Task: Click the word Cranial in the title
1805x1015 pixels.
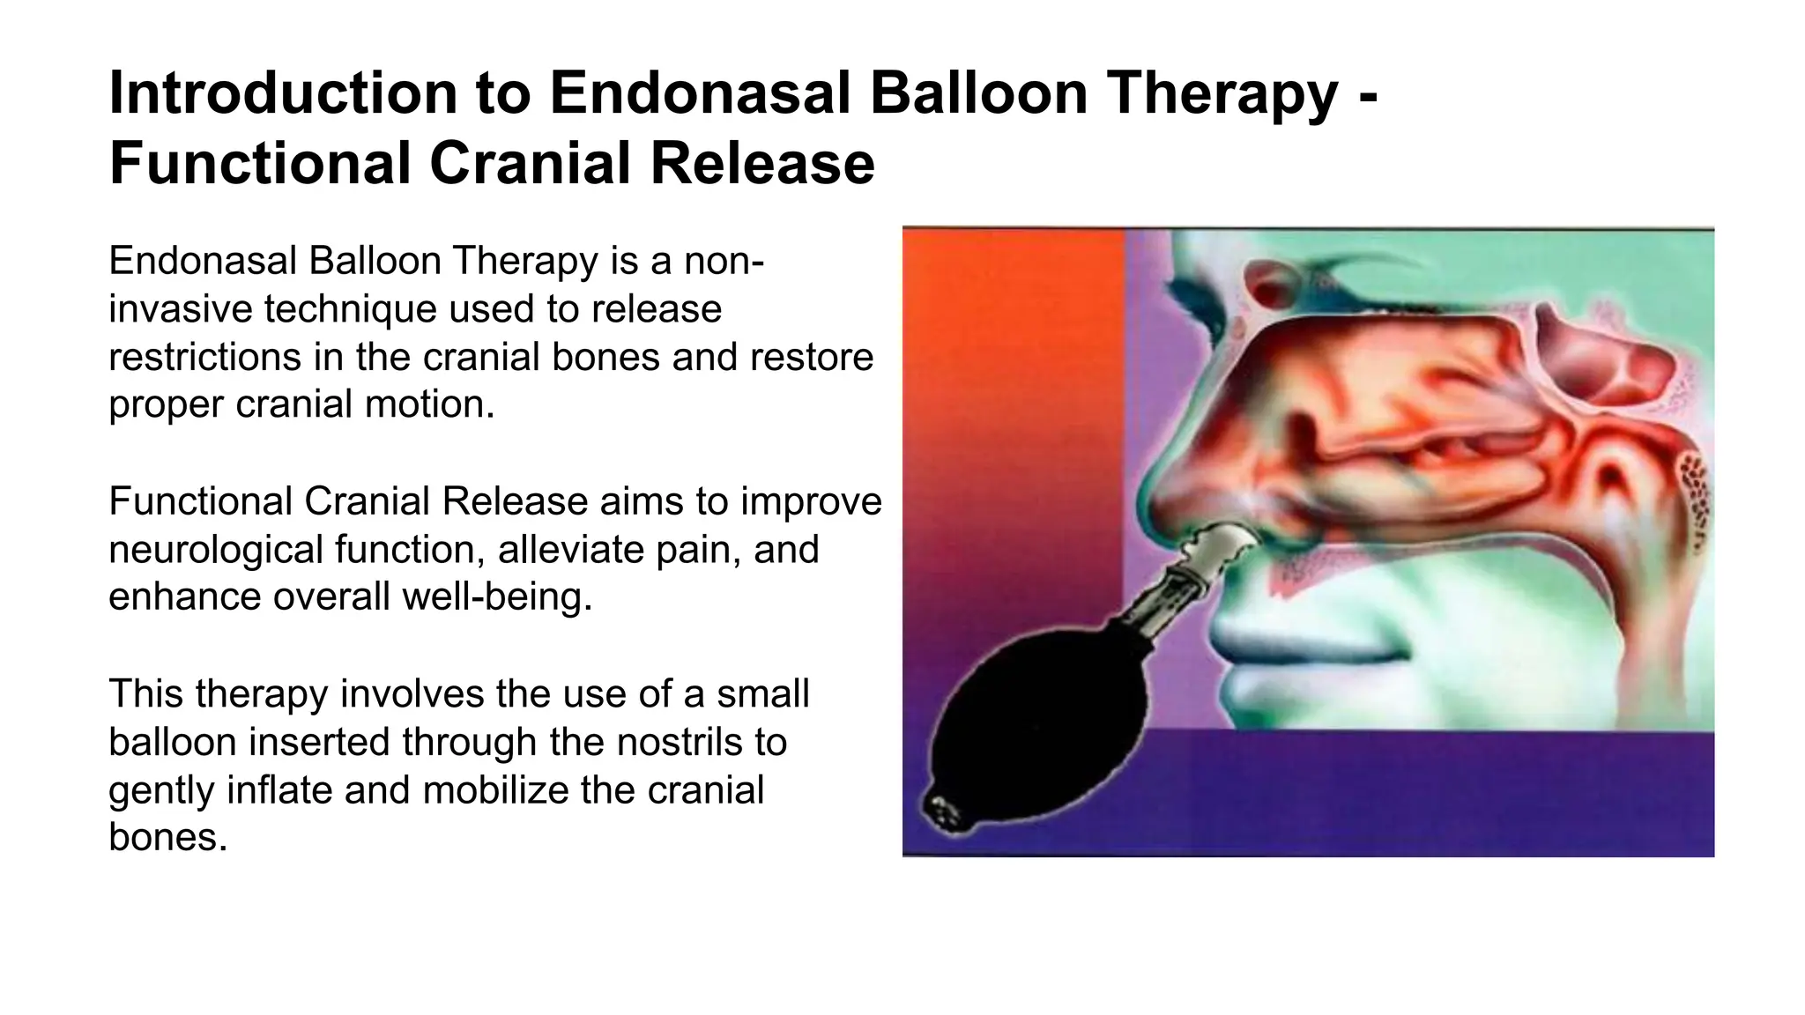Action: click(x=538, y=164)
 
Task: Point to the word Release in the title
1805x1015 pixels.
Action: click(x=763, y=164)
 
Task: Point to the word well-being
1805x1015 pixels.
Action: click(x=497, y=596)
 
